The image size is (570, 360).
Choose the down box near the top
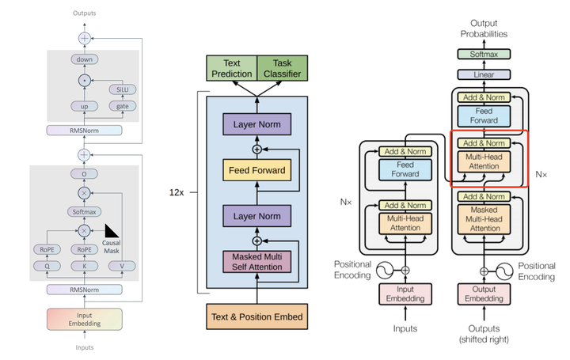[83, 59]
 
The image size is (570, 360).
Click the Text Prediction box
[231, 69]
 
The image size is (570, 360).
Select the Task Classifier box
[281, 69]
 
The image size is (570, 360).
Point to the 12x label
[177, 191]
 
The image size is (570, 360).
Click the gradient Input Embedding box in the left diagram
[83, 319]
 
